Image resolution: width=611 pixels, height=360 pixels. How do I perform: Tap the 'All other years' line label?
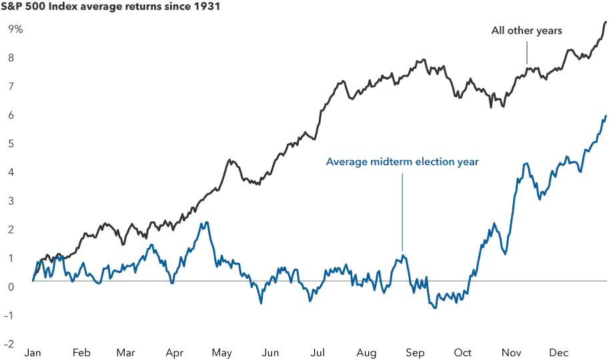point(527,31)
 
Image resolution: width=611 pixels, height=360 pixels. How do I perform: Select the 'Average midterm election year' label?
point(402,162)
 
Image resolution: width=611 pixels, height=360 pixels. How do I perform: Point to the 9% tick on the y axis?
point(15,29)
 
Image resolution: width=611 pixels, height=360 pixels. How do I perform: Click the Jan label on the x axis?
point(33,353)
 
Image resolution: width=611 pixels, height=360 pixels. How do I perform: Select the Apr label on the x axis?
point(175,353)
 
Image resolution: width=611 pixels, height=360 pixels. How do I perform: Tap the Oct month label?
point(462,353)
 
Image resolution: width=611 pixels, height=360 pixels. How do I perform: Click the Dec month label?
point(558,353)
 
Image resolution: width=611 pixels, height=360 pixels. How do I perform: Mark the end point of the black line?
point(606,22)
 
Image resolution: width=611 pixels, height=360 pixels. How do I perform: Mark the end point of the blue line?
point(606,117)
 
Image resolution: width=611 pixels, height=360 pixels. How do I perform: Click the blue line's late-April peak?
point(207,223)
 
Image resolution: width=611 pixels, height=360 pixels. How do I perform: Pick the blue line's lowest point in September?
point(435,307)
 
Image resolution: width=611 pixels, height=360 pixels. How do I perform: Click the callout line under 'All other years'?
point(527,52)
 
